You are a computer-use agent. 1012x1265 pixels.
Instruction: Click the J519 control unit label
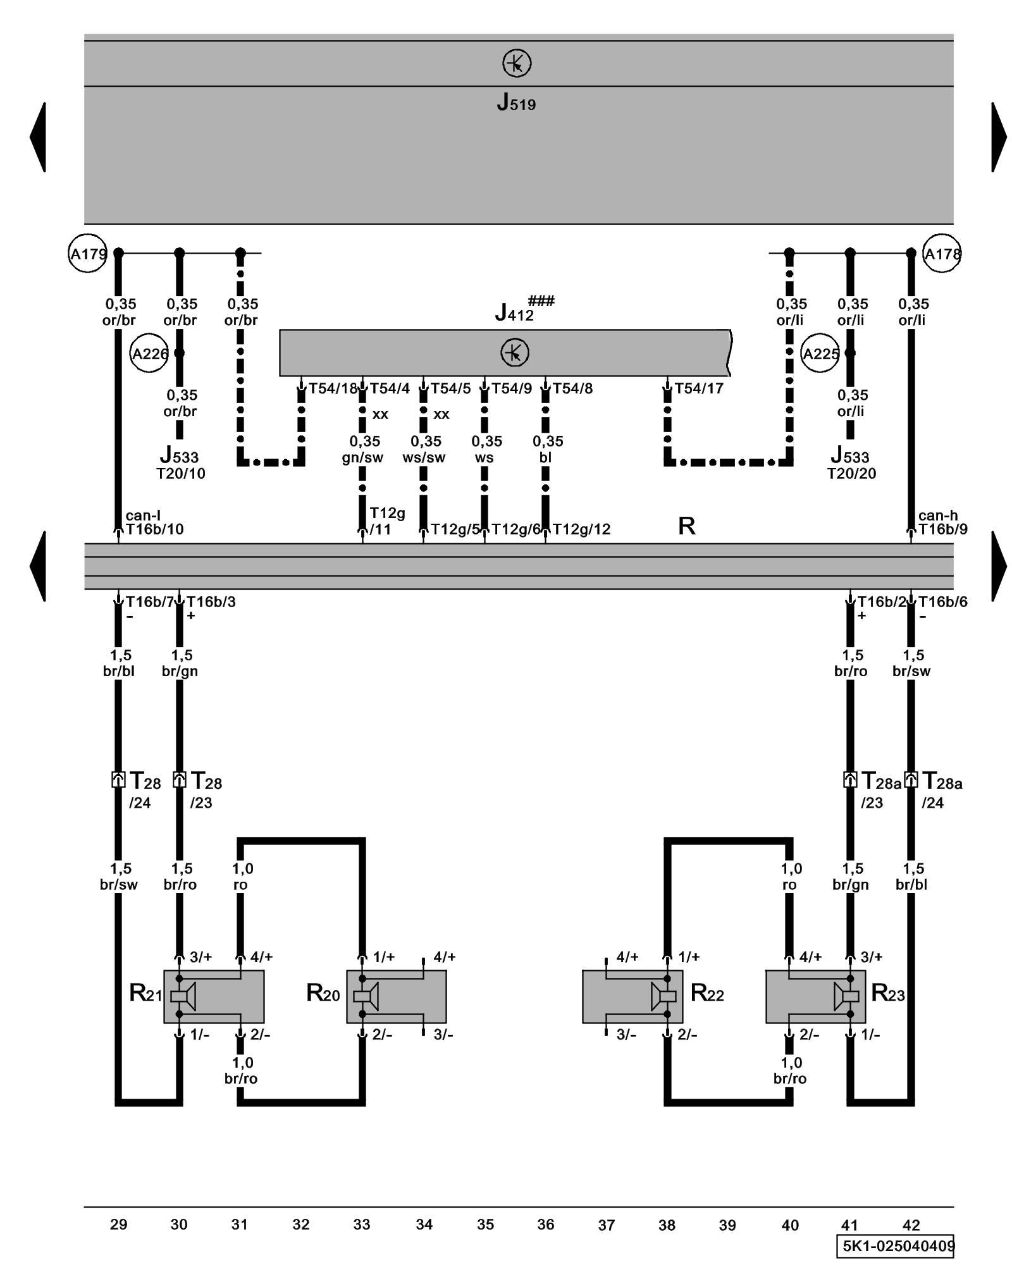click(x=516, y=102)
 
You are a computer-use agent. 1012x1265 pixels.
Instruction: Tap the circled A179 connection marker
click(x=87, y=254)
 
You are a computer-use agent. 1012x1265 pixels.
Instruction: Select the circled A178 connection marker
click(x=941, y=254)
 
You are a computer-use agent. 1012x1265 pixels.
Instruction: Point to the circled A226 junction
click(x=149, y=354)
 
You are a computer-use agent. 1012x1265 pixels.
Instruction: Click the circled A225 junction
click(x=820, y=354)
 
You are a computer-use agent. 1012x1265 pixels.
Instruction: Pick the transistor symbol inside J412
click(x=515, y=352)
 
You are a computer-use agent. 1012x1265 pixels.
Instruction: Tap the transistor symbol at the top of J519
click(x=517, y=63)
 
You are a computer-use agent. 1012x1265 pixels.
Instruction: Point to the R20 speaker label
click(x=323, y=994)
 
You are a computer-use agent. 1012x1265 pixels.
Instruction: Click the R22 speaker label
click(x=707, y=994)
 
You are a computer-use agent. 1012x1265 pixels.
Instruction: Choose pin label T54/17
click(x=699, y=388)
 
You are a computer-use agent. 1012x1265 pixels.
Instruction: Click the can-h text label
click(x=937, y=515)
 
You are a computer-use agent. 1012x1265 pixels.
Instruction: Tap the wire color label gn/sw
click(x=362, y=457)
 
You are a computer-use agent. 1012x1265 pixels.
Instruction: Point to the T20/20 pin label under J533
click(x=851, y=474)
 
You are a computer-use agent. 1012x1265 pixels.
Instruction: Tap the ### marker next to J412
click(x=541, y=301)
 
